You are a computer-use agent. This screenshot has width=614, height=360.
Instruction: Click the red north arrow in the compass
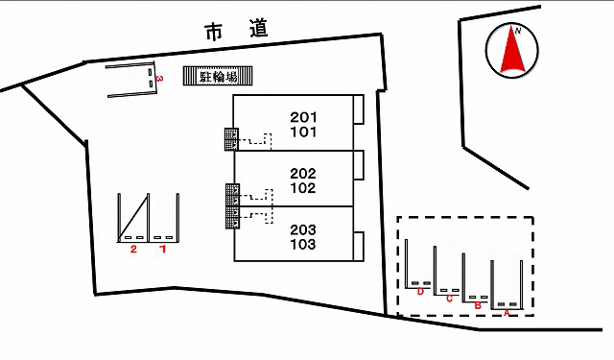[512, 53]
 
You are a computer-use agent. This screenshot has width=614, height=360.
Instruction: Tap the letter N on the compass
[518, 32]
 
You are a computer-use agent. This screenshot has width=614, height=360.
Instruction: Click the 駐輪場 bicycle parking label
[219, 76]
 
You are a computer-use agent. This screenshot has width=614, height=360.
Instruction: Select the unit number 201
[303, 117]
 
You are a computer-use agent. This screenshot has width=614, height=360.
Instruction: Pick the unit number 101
[303, 132]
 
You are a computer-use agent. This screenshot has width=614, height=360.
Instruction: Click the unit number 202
[303, 173]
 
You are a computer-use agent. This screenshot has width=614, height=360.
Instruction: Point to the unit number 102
[303, 188]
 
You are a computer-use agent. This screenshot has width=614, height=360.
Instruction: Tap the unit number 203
[303, 229]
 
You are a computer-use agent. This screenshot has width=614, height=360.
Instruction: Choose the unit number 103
[303, 245]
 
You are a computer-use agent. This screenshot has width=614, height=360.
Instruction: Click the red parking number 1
[163, 249]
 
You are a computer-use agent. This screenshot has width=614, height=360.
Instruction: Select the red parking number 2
[133, 250]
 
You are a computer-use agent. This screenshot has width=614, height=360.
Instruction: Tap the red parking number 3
[159, 79]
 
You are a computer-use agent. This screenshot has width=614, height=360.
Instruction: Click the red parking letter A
[507, 313]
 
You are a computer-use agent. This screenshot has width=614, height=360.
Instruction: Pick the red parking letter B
[478, 305]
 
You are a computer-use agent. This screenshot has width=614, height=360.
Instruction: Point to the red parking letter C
[449, 299]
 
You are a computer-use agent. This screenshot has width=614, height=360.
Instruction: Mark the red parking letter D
[420, 292]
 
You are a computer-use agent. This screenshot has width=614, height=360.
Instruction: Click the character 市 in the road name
[214, 32]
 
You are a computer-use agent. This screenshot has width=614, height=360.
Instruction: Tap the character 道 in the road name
[259, 28]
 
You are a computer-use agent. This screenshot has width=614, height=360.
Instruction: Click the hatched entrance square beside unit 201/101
[231, 139]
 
